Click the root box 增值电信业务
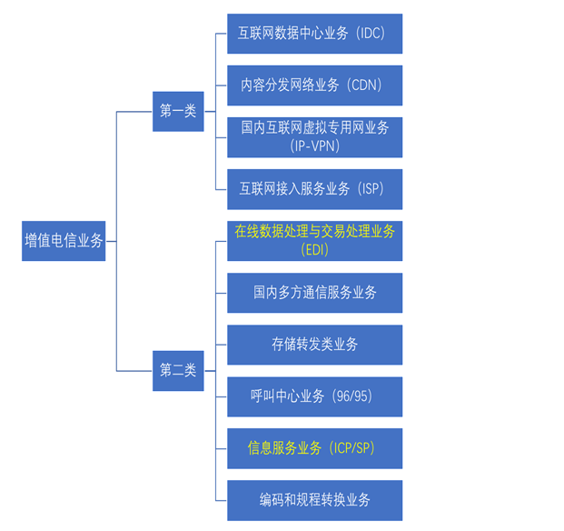(x=64, y=241)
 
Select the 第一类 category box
(x=178, y=111)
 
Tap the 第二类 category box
(x=178, y=370)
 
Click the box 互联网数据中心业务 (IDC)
(x=314, y=34)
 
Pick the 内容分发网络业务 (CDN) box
(x=314, y=85)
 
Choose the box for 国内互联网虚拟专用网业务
(x=314, y=136)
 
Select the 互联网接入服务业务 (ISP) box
(x=314, y=188)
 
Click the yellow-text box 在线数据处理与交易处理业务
(x=314, y=240)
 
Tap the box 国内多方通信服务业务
(x=314, y=292)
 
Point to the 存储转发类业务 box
(x=314, y=345)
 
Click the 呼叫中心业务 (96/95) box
(x=314, y=396)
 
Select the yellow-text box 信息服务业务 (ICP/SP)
(x=314, y=448)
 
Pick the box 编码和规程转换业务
(x=314, y=500)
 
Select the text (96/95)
(x=351, y=396)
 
